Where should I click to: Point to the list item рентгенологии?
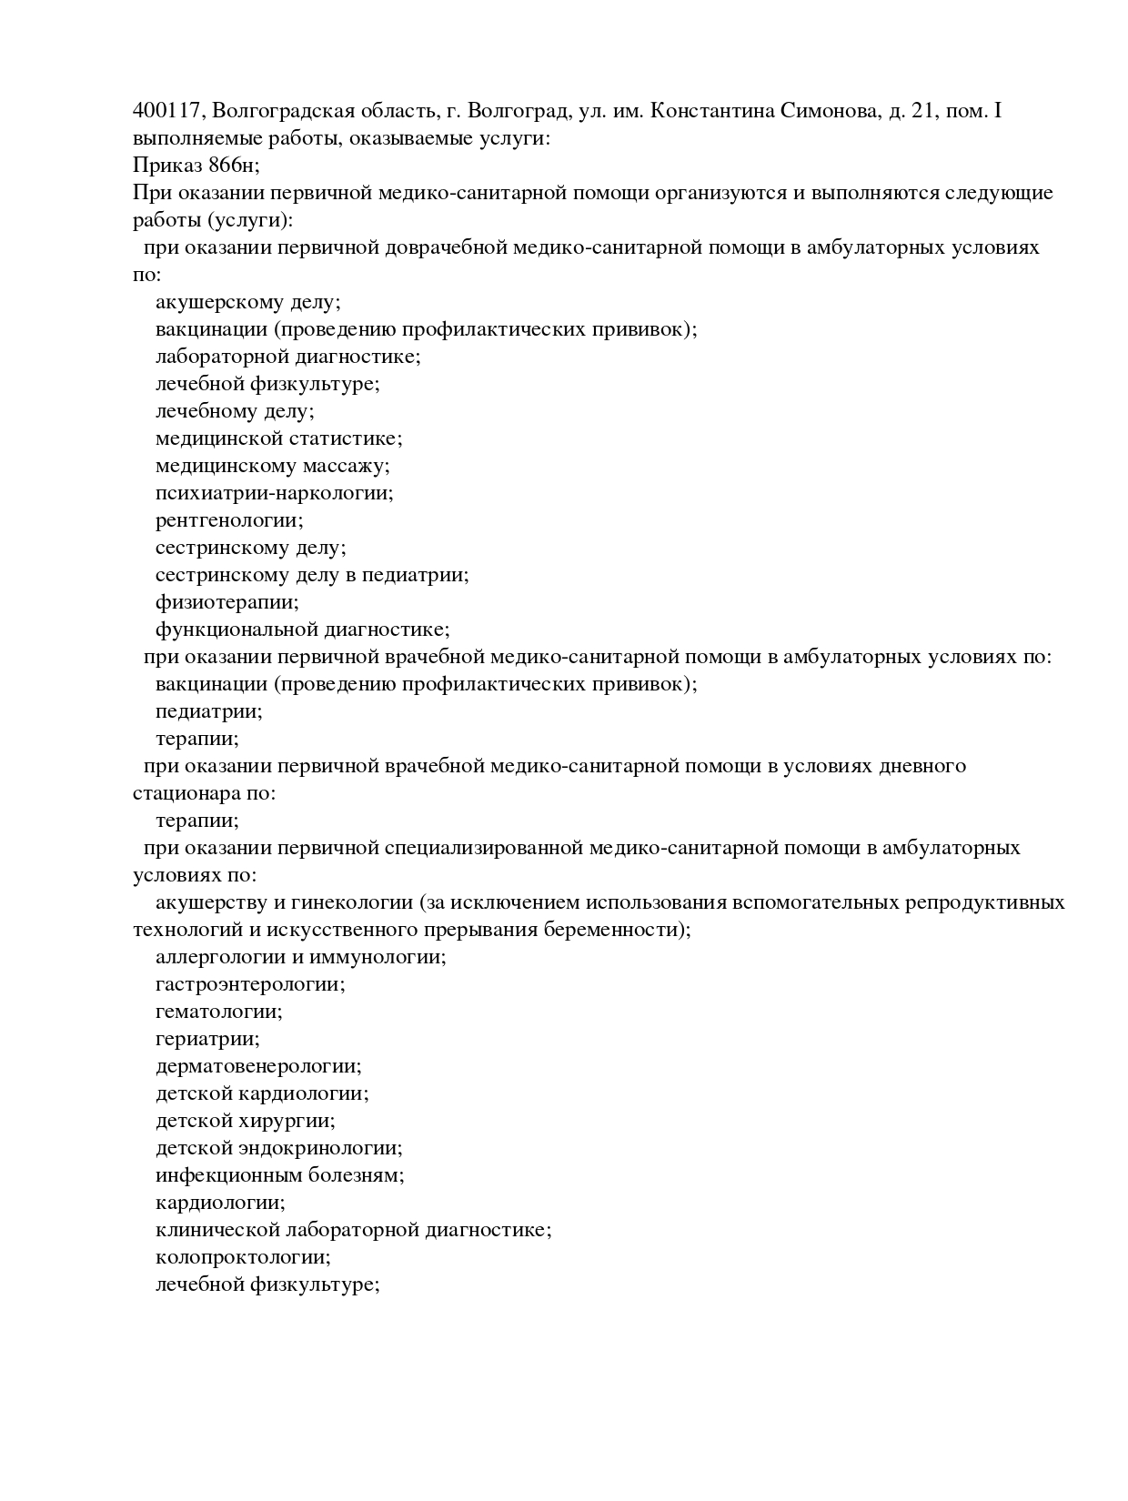tap(229, 521)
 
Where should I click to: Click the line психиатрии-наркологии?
tap(274, 494)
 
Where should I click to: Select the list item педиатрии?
tap(208, 711)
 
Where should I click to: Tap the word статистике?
tap(345, 439)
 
